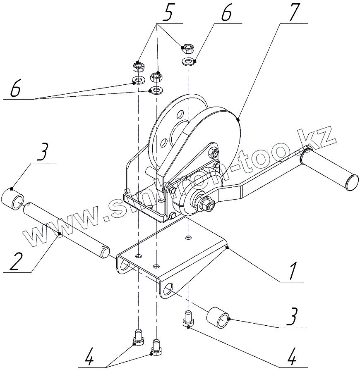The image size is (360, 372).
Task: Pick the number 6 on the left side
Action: click(15, 89)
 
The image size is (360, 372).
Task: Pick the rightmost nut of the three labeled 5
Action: click(188, 49)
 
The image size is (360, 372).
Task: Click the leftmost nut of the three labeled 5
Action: click(138, 66)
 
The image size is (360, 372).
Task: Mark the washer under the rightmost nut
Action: click(189, 62)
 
